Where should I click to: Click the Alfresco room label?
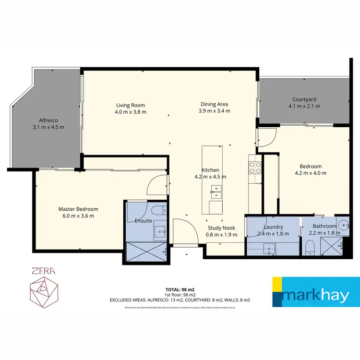click(x=48, y=120)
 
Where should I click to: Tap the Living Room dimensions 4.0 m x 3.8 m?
click(x=130, y=112)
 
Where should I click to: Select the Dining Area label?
click(x=214, y=104)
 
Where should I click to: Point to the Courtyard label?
click(x=304, y=99)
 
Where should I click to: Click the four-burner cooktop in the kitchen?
click(x=255, y=168)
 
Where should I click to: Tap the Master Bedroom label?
click(x=78, y=209)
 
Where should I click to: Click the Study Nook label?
click(x=221, y=228)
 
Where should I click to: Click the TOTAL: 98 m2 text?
click(x=180, y=289)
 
